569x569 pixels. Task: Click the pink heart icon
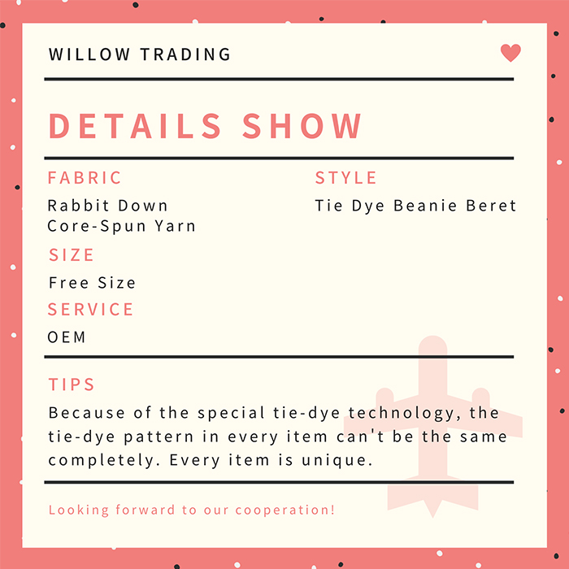(x=510, y=53)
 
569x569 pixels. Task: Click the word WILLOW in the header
(x=89, y=54)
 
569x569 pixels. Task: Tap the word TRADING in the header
(x=185, y=54)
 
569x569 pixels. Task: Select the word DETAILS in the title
(x=135, y=125)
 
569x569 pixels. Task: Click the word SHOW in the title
(x=302, y=125)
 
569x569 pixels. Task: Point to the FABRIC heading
(x=85, y=178)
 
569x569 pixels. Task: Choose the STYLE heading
(x=345, y=178)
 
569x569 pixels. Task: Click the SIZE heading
(x=72, y=254)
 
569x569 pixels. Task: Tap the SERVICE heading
(x=90, y=310)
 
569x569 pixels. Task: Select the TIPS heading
(x=72, y=384)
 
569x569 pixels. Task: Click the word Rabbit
(x=78, y=206)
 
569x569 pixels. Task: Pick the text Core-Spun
(x=97, y=226)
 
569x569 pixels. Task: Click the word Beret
(x=491, y=206)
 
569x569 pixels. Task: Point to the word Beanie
(x=425, y=206)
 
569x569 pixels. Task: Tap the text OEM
(x=67, y=337)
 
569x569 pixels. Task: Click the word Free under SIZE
(x=68, y=283)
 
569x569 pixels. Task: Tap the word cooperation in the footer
(x=284, y=510)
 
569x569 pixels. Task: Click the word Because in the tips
(x=87, y=413)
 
